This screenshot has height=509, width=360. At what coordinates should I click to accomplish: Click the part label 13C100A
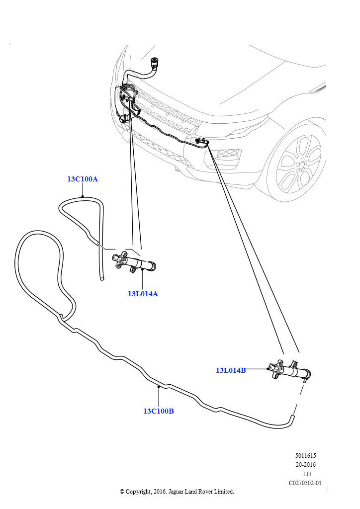click(83, 179)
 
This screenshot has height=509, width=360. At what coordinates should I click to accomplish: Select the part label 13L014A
click(143, 294)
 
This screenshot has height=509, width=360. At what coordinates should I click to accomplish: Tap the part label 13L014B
click(231, 370)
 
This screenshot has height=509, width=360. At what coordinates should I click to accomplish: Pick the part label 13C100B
click(159, 411)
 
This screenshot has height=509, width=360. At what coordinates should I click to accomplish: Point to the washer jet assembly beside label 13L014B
click(289, 370)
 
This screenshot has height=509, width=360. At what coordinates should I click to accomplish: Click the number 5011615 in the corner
click(305, 456)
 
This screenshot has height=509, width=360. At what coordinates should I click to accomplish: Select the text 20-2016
click(305, 465)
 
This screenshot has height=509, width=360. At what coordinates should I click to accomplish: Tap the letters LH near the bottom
click(307, 474)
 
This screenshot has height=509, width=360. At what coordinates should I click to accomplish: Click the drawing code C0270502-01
click(305, 483)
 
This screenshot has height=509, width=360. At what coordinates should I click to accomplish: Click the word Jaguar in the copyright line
click(176, 492)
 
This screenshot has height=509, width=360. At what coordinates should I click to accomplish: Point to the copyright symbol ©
click(122, 492)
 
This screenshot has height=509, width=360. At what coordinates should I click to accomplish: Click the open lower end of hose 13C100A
click(102, 278)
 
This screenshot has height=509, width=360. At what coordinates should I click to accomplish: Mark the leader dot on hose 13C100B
click(159, 386)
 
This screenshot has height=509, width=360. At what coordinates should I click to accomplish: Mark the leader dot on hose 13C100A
click(83, 196)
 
